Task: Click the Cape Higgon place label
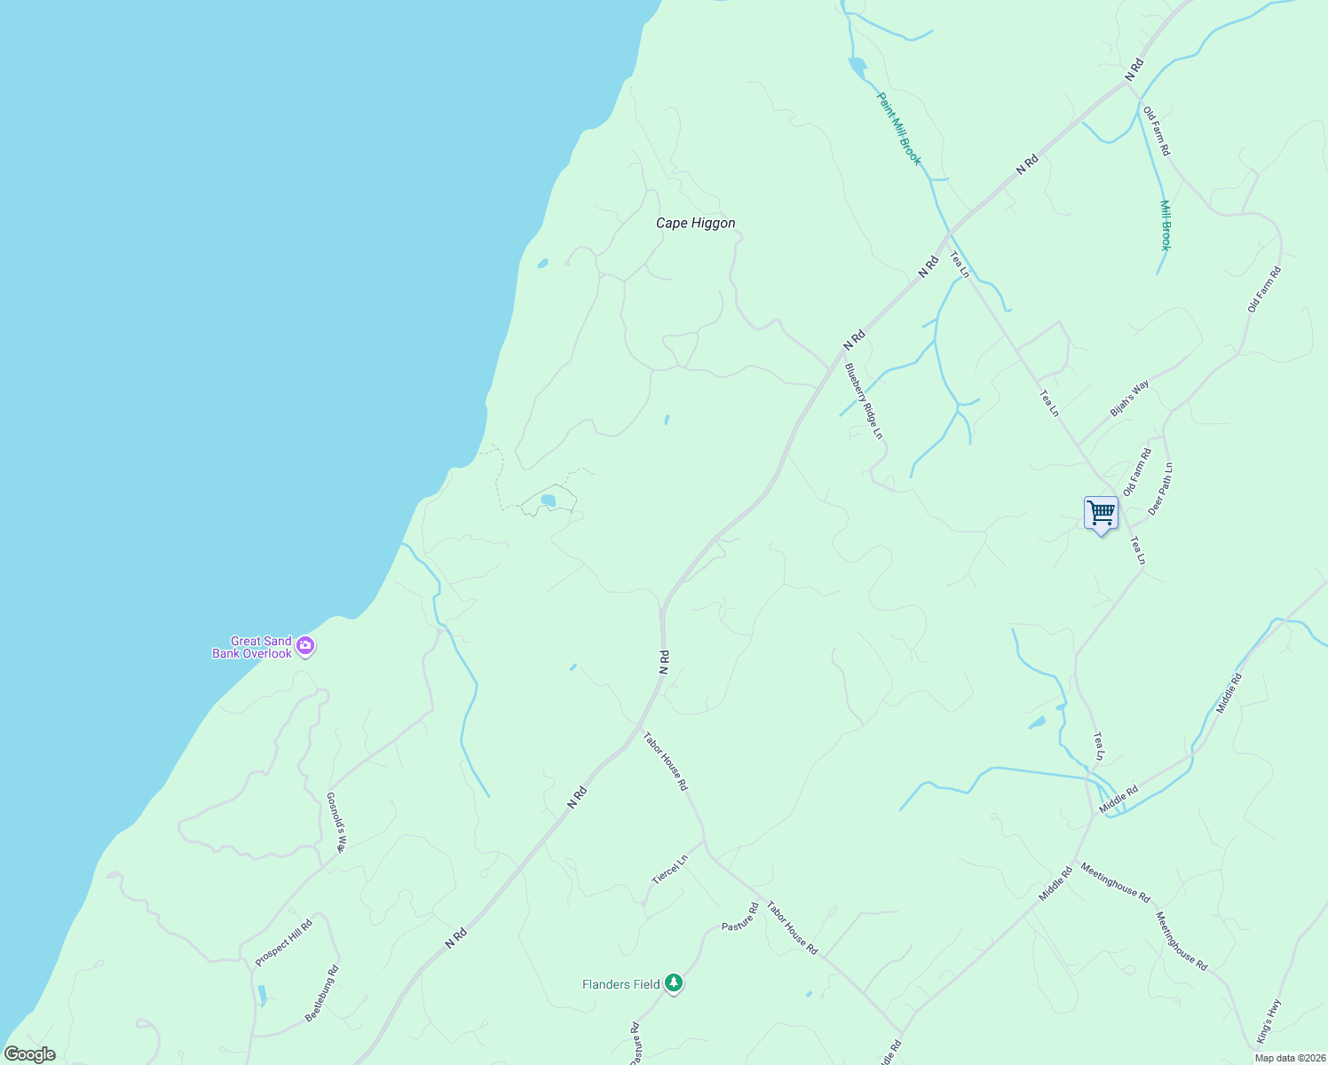point(695,224)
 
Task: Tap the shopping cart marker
point(1101,513)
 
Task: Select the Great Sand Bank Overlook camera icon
point(305,646)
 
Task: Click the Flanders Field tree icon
point(674,983)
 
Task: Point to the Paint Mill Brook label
point(899,129)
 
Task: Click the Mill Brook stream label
point(1166,225)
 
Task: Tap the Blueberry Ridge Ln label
point(864,401)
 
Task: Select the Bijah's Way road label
point(1129,398)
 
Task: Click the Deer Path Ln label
point(1160,489)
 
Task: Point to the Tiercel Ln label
point(670,870)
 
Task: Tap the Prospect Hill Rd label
point(284,943)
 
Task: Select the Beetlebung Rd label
point(322,994)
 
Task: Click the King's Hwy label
point(1269,1022)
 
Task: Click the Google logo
point(29,1054)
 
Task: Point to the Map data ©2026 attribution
point(1289,1058)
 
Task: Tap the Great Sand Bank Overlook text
point(253,647)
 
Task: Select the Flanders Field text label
point(621,984)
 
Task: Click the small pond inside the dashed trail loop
point(548,501)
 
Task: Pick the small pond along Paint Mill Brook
point(857,65)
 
